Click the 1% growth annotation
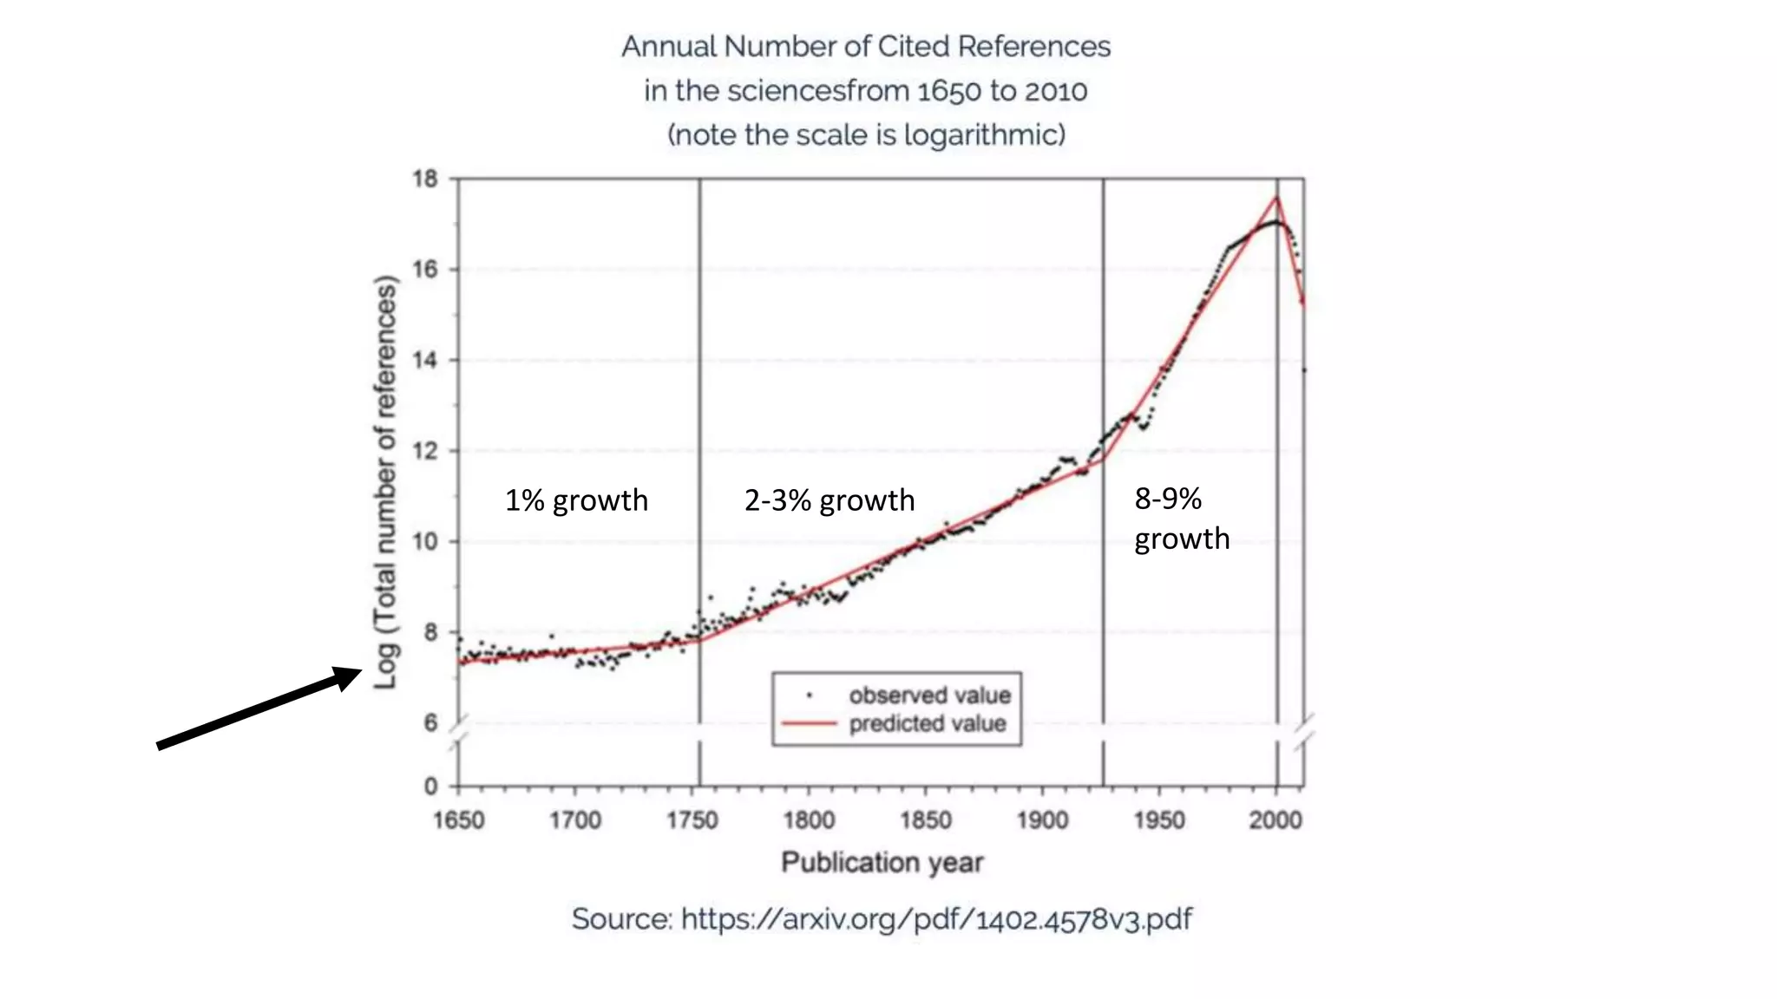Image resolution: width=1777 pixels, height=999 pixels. tap(576, 500)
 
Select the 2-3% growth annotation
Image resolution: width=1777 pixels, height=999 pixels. tap(829, 500)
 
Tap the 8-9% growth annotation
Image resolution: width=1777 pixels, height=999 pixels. tap(1181, 519)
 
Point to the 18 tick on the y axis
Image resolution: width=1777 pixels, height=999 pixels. tap(425, 180)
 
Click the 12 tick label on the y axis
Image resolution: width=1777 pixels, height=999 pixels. tap(425, 451)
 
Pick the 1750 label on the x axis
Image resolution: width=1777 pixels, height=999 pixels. tap(692, 820)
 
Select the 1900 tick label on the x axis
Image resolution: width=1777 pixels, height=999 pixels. tap(1042, 820)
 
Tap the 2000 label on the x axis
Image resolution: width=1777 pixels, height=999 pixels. tap(1275, 820)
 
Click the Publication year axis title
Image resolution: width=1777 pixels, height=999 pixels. tap(882, 863)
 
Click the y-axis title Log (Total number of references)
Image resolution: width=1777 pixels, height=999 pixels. tap(385, 482)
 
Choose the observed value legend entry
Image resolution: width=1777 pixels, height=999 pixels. tap(929, 695)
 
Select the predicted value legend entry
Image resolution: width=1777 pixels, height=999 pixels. tap(927, 724)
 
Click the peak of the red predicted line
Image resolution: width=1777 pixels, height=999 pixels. tap(1277, 198)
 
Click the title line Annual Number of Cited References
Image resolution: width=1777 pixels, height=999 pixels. tap(866, 47)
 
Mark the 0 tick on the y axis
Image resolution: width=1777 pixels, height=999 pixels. tap(430, 787)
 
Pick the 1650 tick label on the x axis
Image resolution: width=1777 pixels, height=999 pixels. tap(459, 820)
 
